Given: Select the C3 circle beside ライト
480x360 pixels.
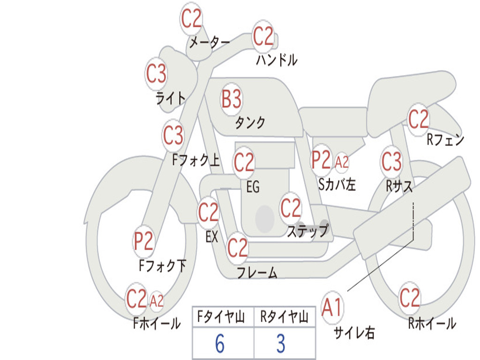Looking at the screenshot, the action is click(x=157, y=74).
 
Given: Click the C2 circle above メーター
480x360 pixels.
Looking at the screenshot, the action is click(x=192, y=19).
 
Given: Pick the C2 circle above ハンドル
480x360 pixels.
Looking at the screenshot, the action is click(x=263, y=36).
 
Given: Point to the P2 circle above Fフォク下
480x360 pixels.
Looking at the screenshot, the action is click(x=144, y=241).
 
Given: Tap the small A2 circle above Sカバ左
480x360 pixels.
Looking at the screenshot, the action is click(x=342, y=162).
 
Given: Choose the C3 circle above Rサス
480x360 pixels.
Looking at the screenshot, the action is click(x=391, y=162).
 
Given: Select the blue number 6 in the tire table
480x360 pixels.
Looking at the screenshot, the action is click(x=220, y=344).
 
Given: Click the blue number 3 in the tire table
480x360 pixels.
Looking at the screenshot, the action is click(x=281, y=344).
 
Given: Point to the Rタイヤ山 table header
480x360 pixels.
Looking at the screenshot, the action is click(x=284, y=318).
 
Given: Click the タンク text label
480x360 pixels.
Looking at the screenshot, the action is click(x=250, y=123).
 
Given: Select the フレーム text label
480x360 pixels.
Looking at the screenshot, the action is click(x=257, y=272).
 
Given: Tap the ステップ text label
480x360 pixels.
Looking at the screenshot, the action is click(x=307, y=231).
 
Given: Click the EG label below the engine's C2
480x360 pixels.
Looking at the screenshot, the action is click(x=253, y=187).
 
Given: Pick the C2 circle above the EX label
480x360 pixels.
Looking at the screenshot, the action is click(x=209, y=213).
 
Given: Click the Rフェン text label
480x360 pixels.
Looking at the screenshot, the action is click(x=445, y=140).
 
